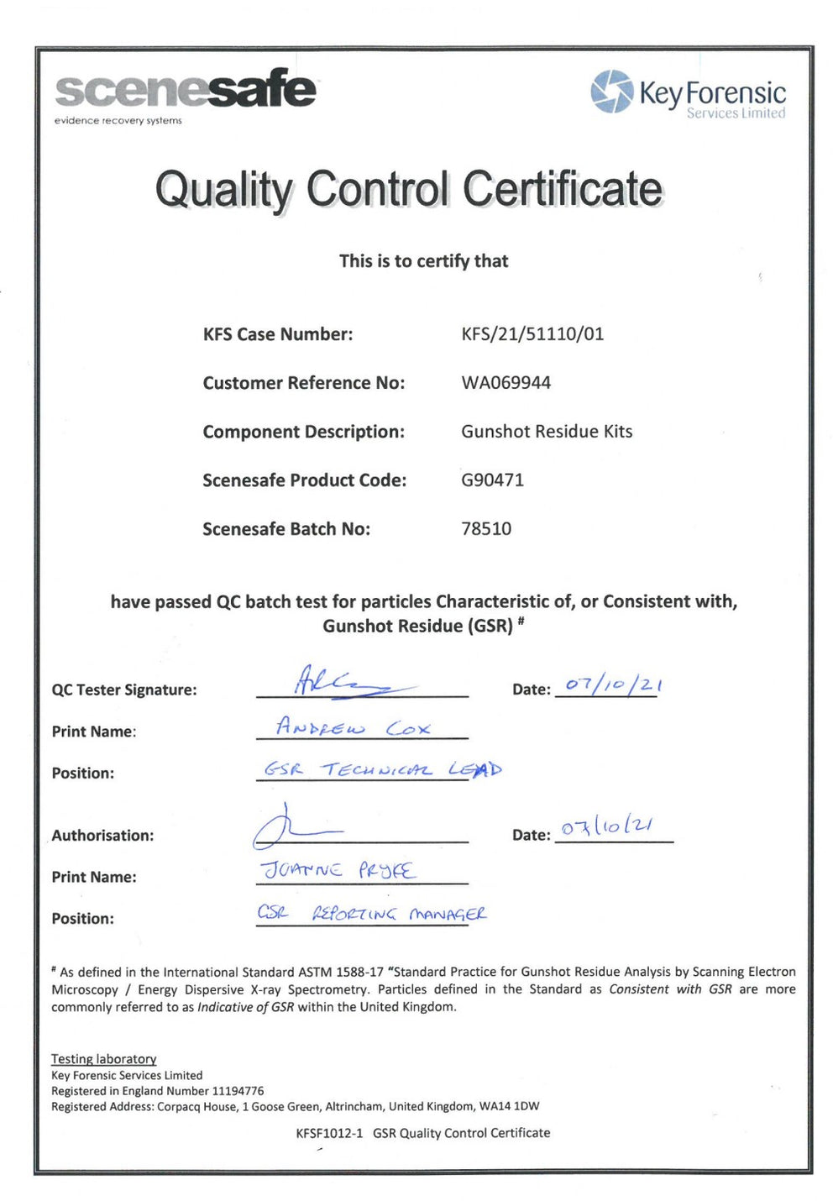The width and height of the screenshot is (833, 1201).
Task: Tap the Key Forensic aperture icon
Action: pyautogui.click(x=611, y=92)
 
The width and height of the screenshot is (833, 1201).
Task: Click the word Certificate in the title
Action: pyautogui.click(x=562, y=189)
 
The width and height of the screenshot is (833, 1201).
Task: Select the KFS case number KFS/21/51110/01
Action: pyautogui.click(x=532, y=334)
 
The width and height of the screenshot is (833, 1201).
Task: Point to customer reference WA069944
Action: pyautogui.click(x=506, y=383)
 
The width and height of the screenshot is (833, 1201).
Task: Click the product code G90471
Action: pyautogui.click(x=492, y=480)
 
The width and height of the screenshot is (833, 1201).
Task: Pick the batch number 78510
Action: pyautogui.click(x=486, y=529)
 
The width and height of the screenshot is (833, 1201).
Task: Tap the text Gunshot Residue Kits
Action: pyautogui.click(x=547, y=432)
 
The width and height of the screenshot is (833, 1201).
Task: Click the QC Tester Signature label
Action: pyautogui.click(x=124, y=690)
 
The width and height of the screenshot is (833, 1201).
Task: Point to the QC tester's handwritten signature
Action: pyautogui.click(x=336, y=682)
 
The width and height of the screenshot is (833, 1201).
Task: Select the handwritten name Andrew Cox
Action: pyautogui.click(x=353, y=727)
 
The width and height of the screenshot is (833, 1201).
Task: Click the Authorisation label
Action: pyautogui.click(x=102, y=836)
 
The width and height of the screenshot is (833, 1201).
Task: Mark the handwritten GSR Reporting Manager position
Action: pyautogui.click(x=371, y=913)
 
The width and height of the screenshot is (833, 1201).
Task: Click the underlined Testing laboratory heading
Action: pyautogui.click(x=104, y=1059)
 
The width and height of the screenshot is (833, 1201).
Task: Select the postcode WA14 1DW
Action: pyautogui.click(x=509, y=1107)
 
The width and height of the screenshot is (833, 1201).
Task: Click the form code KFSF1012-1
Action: pyautogui.click(x=329, y=1133)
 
